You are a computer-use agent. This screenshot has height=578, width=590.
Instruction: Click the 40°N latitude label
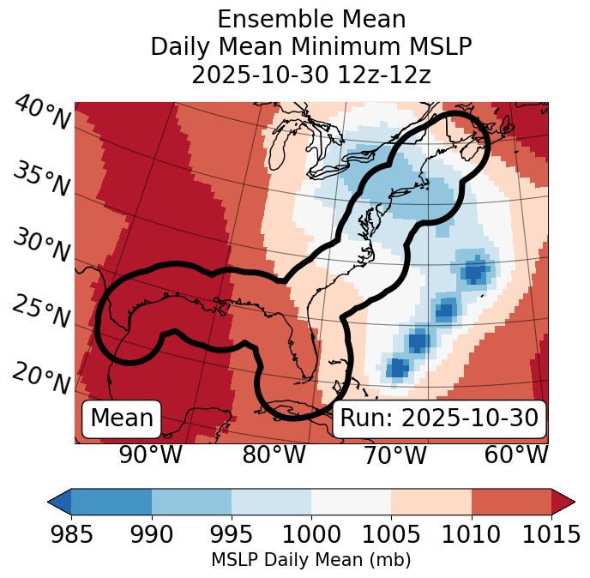(42, 113)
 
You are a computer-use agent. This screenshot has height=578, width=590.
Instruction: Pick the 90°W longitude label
(151, 455)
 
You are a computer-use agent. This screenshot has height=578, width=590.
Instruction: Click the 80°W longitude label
(274, 455)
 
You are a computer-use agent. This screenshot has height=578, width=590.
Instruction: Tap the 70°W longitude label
(395, 455)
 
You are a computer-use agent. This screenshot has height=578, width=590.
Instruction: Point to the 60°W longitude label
(516, 455)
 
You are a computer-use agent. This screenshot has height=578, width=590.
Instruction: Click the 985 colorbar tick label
(71, 534)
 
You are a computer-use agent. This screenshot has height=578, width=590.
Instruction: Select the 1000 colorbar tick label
(311, 534)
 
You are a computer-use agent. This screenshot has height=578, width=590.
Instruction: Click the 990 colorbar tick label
(152, 534)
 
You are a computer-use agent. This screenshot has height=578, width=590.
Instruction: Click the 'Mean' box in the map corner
(122, 418)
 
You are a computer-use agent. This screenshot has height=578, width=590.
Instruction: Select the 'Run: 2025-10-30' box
(439, 418)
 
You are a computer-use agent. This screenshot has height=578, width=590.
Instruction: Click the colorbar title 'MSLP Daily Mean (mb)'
(310, 560)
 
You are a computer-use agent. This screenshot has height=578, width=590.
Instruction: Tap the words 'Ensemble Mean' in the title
(311, 19)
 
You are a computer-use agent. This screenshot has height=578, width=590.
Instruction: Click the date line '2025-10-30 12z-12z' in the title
(311, 75)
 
